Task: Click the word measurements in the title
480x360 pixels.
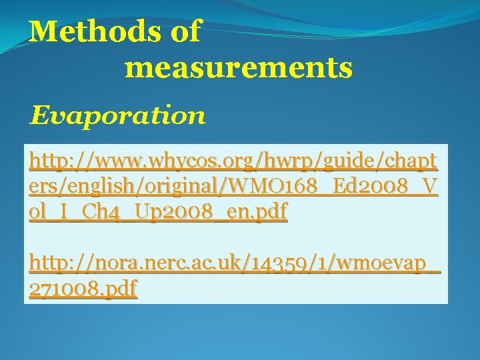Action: tap(238, 67)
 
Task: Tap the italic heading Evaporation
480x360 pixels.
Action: tap(117, 116)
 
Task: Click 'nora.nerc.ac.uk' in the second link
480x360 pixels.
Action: tap(167, 265)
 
